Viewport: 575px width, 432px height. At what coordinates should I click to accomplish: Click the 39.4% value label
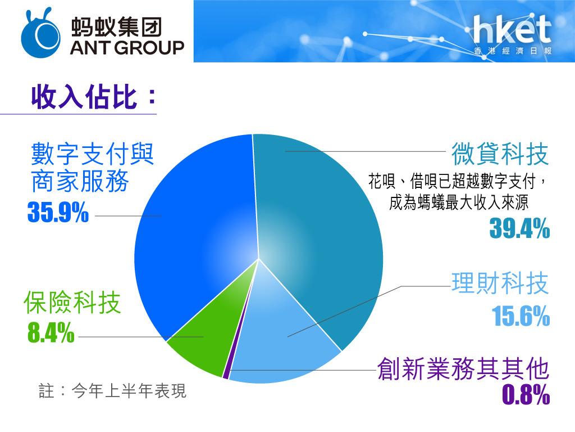[519, 228]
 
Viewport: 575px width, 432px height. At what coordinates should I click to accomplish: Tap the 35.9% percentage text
[58, 212]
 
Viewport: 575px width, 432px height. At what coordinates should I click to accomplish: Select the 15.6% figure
[521, 316]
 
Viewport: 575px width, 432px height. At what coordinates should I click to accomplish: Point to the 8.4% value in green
[51, 332]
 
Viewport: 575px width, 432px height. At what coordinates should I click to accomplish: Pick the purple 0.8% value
[526, 394]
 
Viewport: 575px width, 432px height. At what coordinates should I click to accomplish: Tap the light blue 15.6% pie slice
[279, 341]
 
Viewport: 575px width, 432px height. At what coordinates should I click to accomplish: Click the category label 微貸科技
[500, 154]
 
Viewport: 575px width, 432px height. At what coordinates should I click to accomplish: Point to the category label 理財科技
[500, 283]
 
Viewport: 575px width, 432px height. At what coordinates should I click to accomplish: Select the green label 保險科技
[72, 302]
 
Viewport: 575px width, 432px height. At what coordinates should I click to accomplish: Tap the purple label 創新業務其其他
[463, 368]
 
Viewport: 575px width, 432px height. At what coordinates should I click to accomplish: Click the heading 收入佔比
[84, 97]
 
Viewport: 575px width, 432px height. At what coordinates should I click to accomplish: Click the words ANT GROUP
[127, 48]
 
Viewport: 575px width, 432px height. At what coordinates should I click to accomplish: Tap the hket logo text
[512, 29]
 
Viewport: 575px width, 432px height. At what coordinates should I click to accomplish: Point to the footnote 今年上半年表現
[129, 390]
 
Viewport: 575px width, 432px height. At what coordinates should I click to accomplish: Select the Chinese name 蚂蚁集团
[116, 27]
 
